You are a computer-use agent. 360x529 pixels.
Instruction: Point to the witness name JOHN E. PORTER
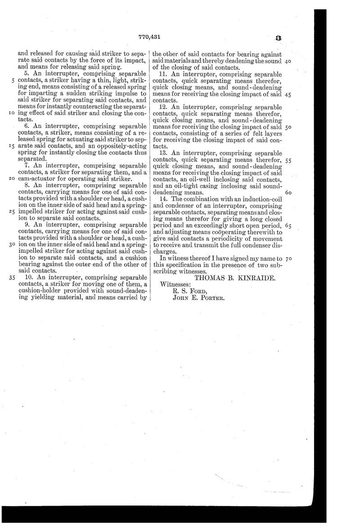coord(198,298)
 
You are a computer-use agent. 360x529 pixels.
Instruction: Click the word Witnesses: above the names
coord(176,285)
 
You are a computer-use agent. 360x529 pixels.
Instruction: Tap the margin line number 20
coord(12,178)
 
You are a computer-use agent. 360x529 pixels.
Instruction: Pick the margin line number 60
coord(289,192)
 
